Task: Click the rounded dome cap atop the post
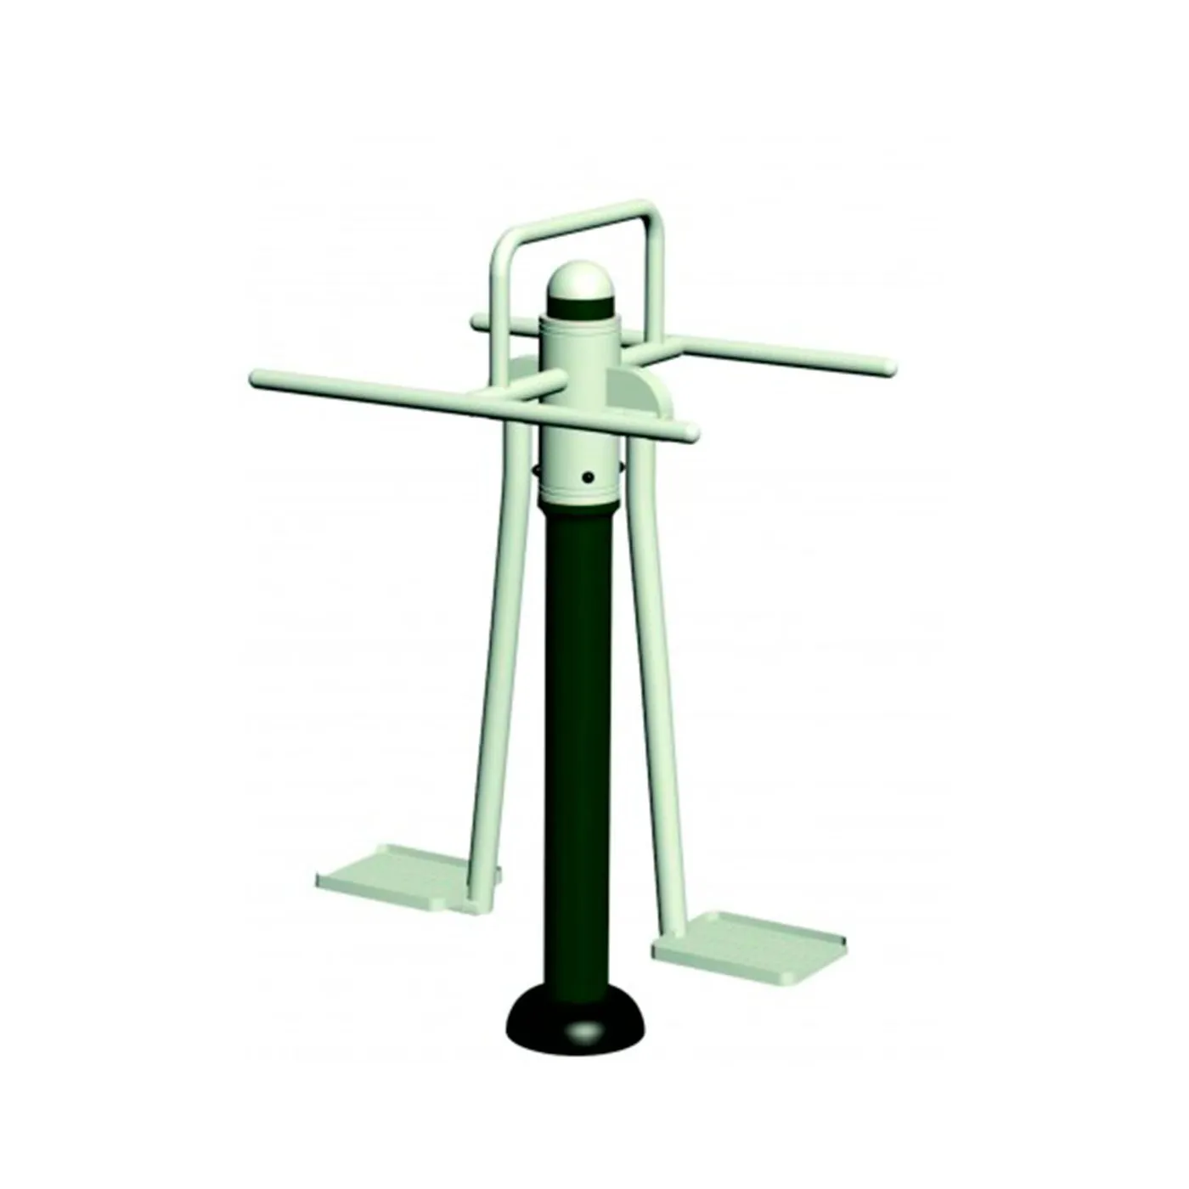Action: tap(579, 279)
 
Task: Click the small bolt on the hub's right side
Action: tap(624, 465)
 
